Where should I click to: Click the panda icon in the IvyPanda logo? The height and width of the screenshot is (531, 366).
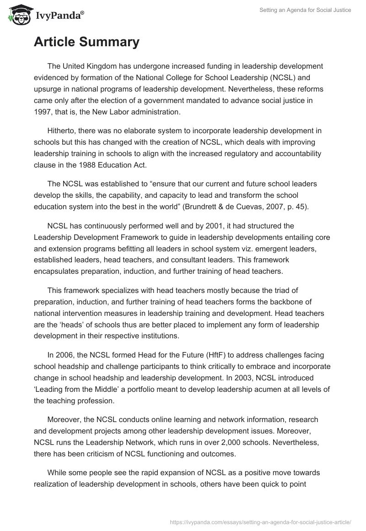click(x=19, y=14)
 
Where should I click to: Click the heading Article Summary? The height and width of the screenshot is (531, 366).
click(x=86, y=42)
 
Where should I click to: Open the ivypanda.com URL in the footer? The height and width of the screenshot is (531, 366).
click(x=260, y=521)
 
